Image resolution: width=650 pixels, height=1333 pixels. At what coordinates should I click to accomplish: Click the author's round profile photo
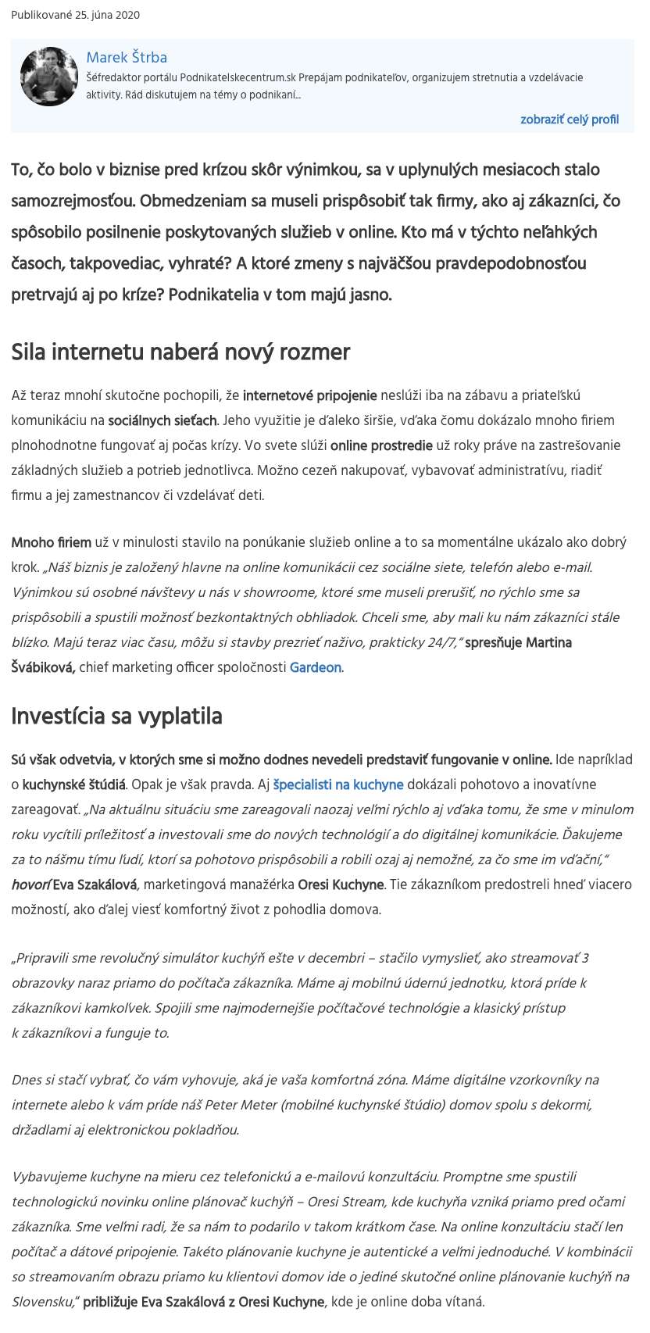click(x=49, y=77)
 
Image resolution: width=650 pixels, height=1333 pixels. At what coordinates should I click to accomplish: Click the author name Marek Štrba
click(x=127, y=57)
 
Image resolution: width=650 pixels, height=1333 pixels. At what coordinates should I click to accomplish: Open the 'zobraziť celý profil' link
click(x=569, y=120)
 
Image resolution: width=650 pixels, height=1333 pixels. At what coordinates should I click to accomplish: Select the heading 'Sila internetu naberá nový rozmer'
click(x=180, y=352)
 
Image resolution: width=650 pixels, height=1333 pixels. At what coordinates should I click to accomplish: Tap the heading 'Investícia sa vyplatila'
click(x=116, y=716)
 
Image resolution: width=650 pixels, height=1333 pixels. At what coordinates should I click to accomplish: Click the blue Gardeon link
click(x=315, y=667)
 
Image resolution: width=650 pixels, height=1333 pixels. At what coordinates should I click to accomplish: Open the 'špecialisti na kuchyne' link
click(x=338, y=784)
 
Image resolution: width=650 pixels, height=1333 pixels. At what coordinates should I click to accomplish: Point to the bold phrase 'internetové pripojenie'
click(x=310, y=395)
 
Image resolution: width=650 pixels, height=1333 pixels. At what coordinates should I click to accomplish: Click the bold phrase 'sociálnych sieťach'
click(x=162, y=420)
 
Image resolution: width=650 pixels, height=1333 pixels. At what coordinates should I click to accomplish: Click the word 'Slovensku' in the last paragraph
click(x=37, y=1302)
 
